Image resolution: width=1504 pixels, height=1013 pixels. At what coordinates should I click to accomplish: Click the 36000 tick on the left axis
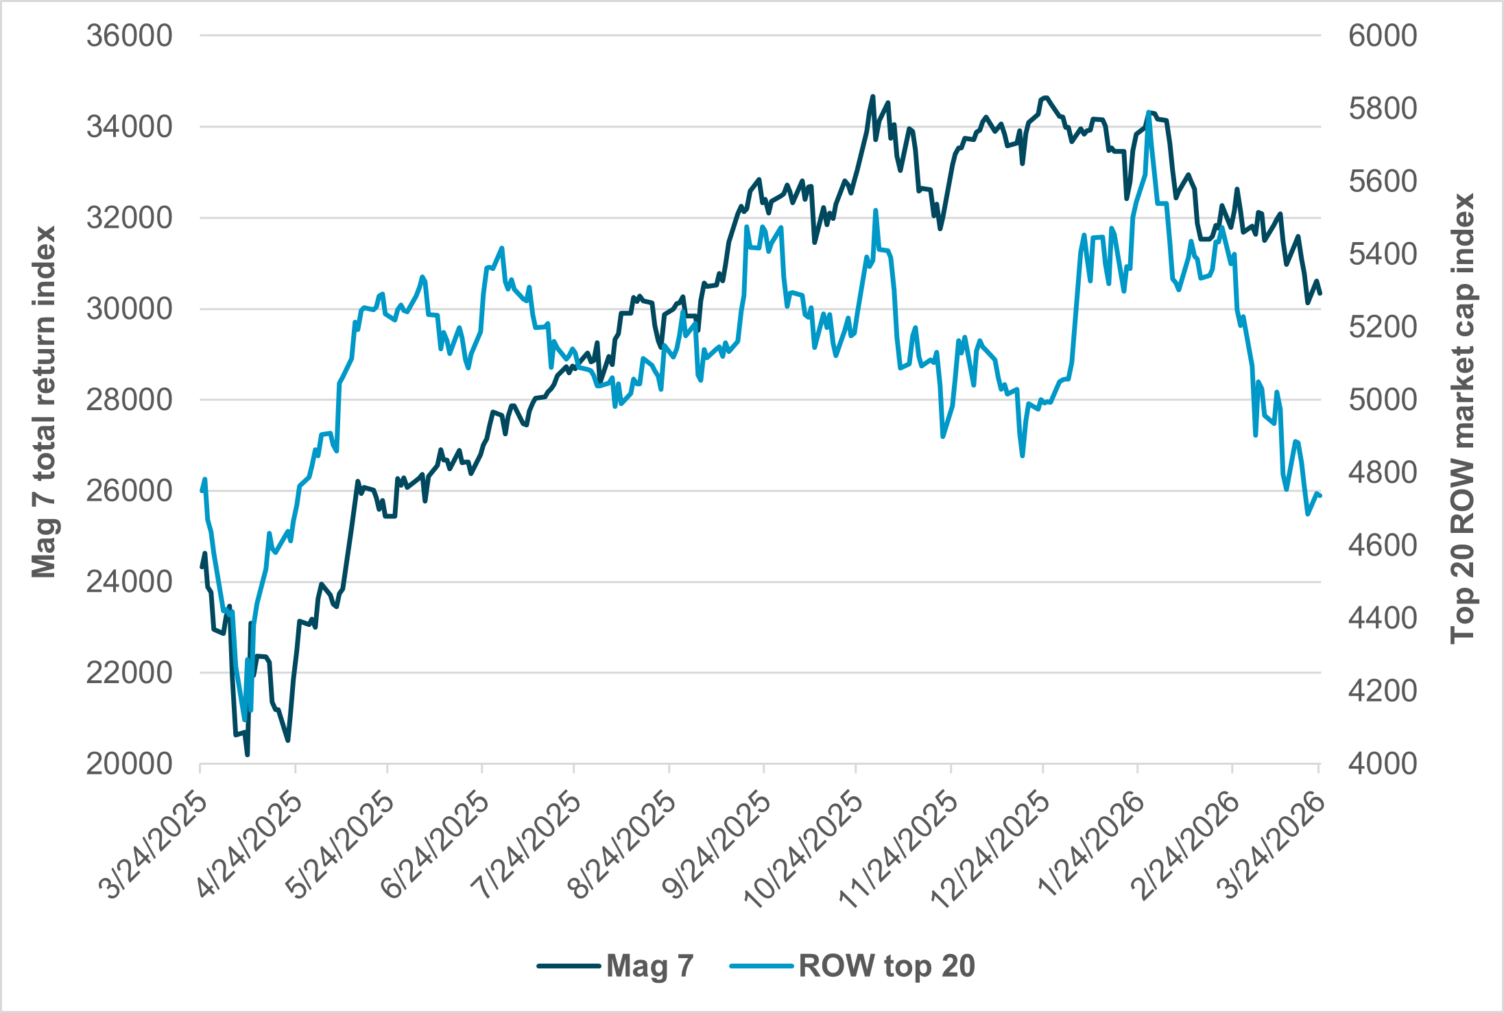(129, 36)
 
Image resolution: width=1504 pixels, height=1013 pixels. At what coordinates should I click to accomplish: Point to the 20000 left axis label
(129, 764)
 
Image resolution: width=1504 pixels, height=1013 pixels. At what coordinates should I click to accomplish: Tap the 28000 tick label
(129, 400)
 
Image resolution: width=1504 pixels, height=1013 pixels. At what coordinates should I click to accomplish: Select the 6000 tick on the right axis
(1382, 36)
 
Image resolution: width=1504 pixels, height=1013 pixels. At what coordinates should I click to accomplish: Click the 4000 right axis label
(1382, 764)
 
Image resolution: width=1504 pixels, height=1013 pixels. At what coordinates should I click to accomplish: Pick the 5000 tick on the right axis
(1382, 400)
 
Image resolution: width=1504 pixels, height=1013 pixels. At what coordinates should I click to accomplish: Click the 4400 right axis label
(1382, 618)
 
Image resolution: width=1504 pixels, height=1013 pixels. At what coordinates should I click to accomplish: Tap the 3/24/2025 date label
(154, 846)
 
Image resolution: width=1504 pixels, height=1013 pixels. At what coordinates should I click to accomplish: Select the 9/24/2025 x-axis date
(718, 846)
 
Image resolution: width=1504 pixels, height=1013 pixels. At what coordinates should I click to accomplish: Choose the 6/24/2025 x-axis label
(436, 846)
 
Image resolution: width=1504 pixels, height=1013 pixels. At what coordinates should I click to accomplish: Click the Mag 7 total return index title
(44, 401)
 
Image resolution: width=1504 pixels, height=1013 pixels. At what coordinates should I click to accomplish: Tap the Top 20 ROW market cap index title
(1462, 418)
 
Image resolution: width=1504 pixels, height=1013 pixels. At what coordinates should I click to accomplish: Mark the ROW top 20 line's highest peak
(1148, 112)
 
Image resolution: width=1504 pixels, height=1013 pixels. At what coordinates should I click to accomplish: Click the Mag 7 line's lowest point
(247, 755)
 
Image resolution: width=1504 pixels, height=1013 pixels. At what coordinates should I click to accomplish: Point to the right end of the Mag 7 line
(1320, 293)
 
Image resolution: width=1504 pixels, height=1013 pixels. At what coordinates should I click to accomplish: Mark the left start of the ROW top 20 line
(201, 491)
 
